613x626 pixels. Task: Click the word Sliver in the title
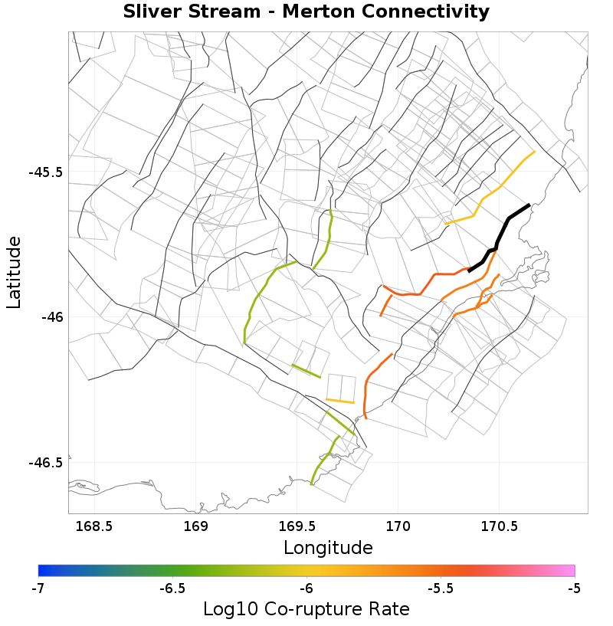point(153,12)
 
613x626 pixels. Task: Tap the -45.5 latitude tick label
point(45,172)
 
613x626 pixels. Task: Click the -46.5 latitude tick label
point(45,463)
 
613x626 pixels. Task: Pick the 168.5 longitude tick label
point(93,527)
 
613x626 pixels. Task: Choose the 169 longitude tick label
point(196,527)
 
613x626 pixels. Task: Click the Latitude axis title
point(14,272)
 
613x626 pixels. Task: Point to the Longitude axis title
point(328,548)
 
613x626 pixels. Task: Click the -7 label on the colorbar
point(38,588)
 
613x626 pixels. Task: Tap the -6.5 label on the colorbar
point(172,588)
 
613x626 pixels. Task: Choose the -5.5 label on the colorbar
point(440,588)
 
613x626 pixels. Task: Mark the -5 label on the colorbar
point(574,588)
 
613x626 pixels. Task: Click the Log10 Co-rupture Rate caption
point(306,609)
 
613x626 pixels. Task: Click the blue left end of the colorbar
point(43,570)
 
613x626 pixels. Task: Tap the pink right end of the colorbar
point(570,570)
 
